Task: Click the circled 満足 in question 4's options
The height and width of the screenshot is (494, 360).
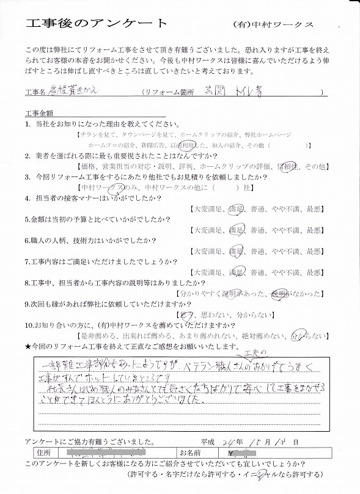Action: coord(235,209)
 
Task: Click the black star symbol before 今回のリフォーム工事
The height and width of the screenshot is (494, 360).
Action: coord(28,347)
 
